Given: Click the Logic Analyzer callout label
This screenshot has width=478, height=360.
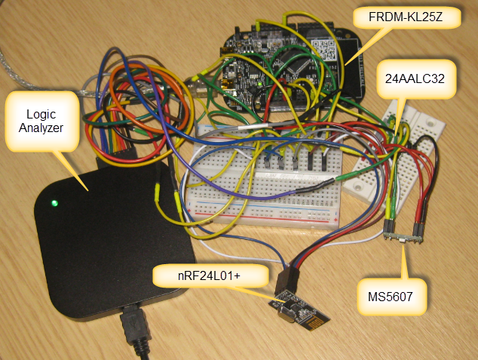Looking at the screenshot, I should (x=41, y=120).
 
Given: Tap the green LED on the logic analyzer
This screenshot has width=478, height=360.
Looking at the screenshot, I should (x=54, y=203).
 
